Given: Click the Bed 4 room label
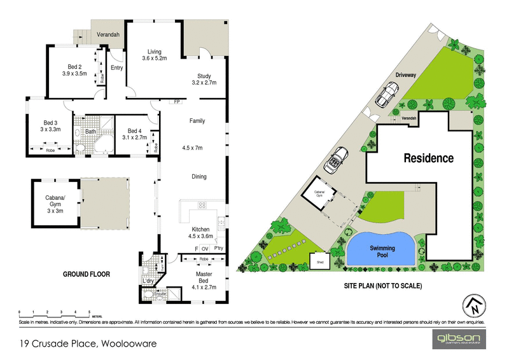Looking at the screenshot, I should [x=134, y=133].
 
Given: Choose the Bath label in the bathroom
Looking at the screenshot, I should [x=91, y=132].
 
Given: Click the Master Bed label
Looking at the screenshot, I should [x=204, y=278].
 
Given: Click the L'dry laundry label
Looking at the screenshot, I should [x=149, y=280].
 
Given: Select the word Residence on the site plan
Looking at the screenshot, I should [x=426, y=158].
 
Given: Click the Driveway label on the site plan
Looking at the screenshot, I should [x=405, y=74].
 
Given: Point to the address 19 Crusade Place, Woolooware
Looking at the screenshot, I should [x=88, y=345].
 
